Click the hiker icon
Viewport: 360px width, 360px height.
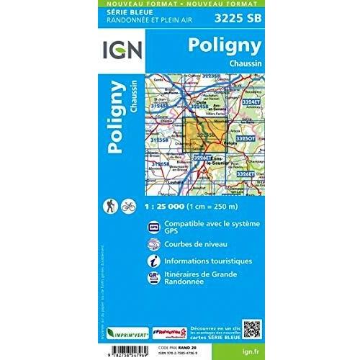click(112, 204)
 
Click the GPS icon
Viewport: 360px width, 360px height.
click(153, 228)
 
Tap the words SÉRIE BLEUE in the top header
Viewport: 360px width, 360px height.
click(120, 13)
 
